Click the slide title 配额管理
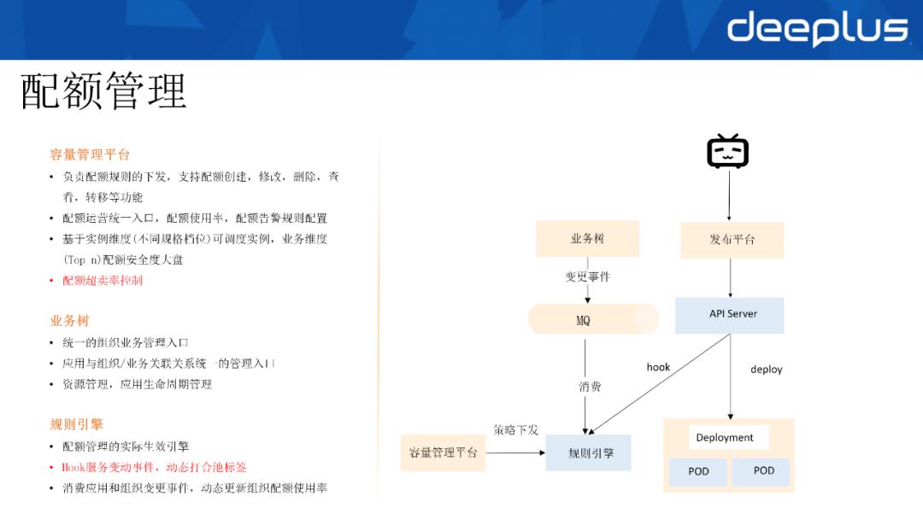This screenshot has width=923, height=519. [x=103, y=91]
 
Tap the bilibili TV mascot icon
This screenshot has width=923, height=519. [x=727, y=152]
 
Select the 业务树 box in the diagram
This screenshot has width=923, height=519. [x=587, y=239]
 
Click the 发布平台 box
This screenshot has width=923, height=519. [x=732, y=240]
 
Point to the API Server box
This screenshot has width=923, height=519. [x=729, y=314]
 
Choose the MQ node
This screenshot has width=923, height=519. [x=585, y=320]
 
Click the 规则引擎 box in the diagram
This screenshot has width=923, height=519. [x=588, y=452]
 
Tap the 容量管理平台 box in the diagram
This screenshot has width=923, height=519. [x=443, y=452]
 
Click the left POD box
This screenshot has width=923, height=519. [x=697, y=471]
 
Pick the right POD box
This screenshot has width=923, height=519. [x=763, y=471]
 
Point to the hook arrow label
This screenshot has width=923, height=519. [x=658, y=367]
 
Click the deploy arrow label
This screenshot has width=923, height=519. [x=766, y=370]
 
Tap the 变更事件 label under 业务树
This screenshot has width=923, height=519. [x=587, y=277]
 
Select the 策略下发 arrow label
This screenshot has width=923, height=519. [x=515, y=429]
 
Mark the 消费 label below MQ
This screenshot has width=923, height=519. [x=590, y=387]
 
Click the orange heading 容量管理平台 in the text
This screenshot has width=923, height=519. [x=90, y=155]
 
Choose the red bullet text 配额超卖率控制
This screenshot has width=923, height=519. [x=103, y=280]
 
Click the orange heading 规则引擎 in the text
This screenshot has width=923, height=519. [x=76, y=424]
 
